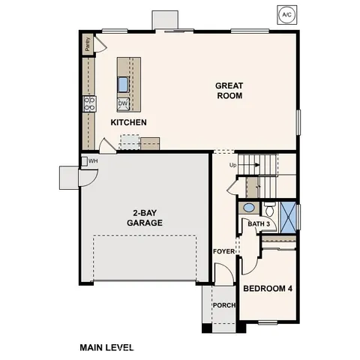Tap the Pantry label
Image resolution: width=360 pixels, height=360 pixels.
click(88, 45)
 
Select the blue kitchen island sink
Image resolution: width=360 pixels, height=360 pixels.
click(124, 82)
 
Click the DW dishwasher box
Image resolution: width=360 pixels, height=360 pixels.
click(123, 103)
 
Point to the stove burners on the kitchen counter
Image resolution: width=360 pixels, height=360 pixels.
click(88, 103)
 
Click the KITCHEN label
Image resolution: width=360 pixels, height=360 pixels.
click(128, 121)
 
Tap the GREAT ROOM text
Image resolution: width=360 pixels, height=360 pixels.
click(229, 91)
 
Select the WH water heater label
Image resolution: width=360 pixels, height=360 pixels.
click(93, 160)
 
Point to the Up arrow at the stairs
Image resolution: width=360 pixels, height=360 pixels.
click(232, 165)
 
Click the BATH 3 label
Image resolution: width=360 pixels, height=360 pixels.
click(258, 223)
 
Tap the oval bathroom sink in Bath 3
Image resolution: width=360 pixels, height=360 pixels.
click(250, 208)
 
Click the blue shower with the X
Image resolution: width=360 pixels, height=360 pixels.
click(288, 214)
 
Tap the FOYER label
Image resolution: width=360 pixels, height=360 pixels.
click(223, 250)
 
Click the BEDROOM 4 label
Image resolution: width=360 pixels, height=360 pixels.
click(267, 287)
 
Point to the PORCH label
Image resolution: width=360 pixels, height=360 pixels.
click(223, 305)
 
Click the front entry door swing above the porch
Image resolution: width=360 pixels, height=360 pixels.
click(223, 275)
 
